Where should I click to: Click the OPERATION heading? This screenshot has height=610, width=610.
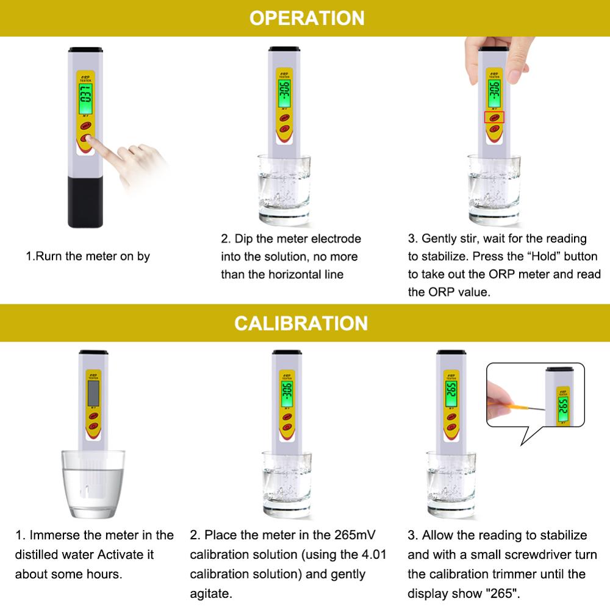pos(306,18)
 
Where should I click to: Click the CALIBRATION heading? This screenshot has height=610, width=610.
pos(301,323)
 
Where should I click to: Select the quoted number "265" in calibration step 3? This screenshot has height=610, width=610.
pos(504,593)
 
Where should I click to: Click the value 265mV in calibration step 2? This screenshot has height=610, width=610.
pos(354,536)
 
